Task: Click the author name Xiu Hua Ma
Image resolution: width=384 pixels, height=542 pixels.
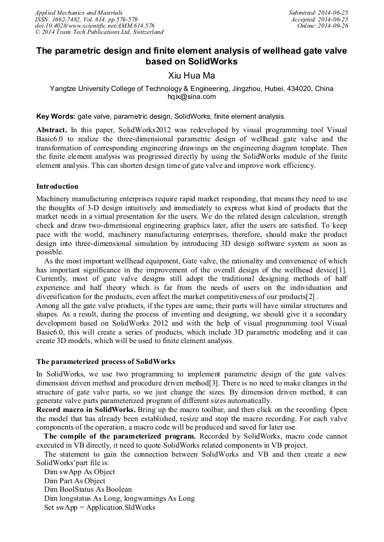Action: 191,75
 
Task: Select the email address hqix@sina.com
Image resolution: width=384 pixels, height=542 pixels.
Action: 191,97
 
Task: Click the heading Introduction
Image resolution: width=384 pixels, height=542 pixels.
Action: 57,186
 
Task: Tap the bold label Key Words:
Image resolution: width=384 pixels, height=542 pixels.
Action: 56,116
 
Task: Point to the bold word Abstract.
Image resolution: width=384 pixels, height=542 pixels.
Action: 51,129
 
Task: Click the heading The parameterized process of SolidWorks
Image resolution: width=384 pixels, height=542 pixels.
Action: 105,361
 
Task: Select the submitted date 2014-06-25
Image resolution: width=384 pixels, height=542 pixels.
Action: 332,12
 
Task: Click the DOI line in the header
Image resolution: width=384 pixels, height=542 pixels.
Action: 95,26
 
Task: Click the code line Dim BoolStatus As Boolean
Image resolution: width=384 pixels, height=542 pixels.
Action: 88,489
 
